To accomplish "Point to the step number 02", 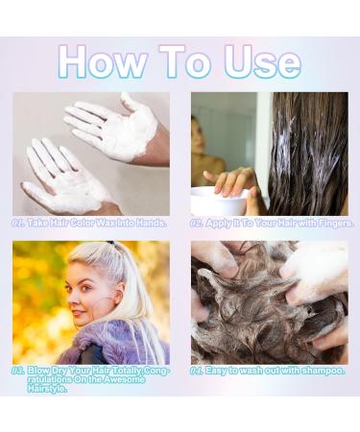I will [x=198, y=223].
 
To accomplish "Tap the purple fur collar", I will [x=115, y=342].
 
